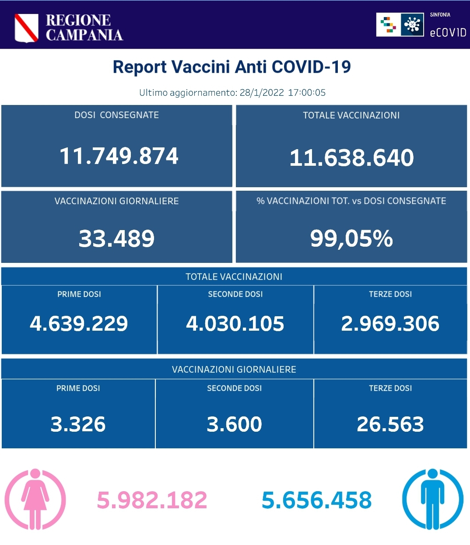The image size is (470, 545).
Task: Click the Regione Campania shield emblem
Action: (26, 28)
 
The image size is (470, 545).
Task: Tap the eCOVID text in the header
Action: (448, 32)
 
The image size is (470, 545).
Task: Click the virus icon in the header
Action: (412, 24)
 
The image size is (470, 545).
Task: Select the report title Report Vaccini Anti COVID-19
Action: (232, 67)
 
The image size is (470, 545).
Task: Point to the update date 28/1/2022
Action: (262, 92)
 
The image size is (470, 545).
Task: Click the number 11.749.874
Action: (119, 156)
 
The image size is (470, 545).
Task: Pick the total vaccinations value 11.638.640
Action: (351, 158)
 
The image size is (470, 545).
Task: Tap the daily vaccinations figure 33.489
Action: (116, 238)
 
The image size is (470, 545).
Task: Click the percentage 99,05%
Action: (351, 238)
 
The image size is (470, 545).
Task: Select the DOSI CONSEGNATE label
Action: (116, 115)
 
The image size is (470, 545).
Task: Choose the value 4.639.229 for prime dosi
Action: (79, 324)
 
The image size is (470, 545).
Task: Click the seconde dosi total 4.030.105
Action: (235, 324)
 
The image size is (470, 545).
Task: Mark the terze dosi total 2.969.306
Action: (390, 324)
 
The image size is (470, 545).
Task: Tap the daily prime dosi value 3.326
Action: (78, 424)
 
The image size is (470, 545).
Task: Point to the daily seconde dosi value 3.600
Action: (234, 424)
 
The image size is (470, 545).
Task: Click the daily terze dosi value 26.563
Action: (390, 424)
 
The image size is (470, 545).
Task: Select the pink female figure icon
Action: (35, 499)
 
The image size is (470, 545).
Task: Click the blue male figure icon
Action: (432, 499)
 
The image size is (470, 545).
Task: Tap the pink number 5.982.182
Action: (152, 500)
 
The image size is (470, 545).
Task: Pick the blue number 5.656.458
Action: (316, 500)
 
